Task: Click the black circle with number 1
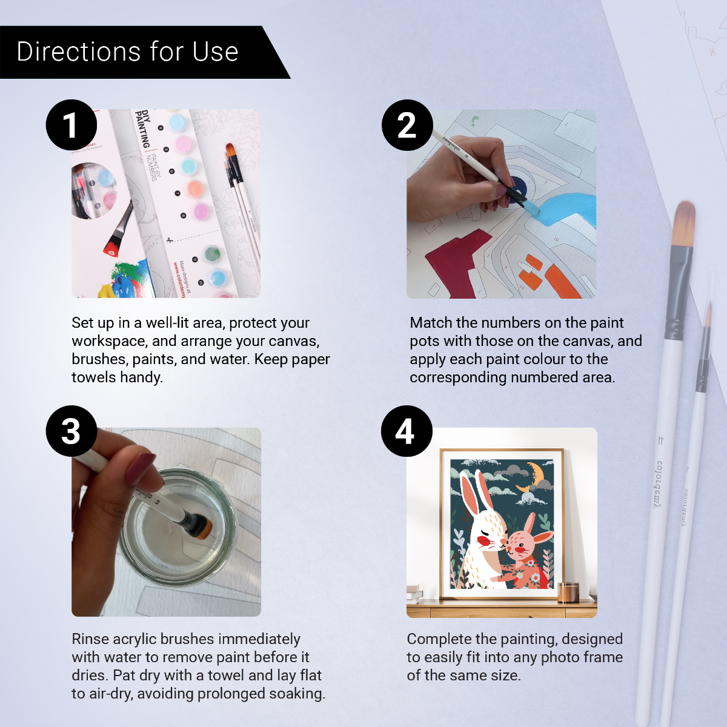point(71,125)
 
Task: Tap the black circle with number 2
point(407,125)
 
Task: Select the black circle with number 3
point(71,431)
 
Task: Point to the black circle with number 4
point(407,431)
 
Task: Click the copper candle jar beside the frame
point(568,592)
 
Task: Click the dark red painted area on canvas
point(451,261)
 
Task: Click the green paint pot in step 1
point(212,253)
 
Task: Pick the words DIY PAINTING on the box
point(143,128)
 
